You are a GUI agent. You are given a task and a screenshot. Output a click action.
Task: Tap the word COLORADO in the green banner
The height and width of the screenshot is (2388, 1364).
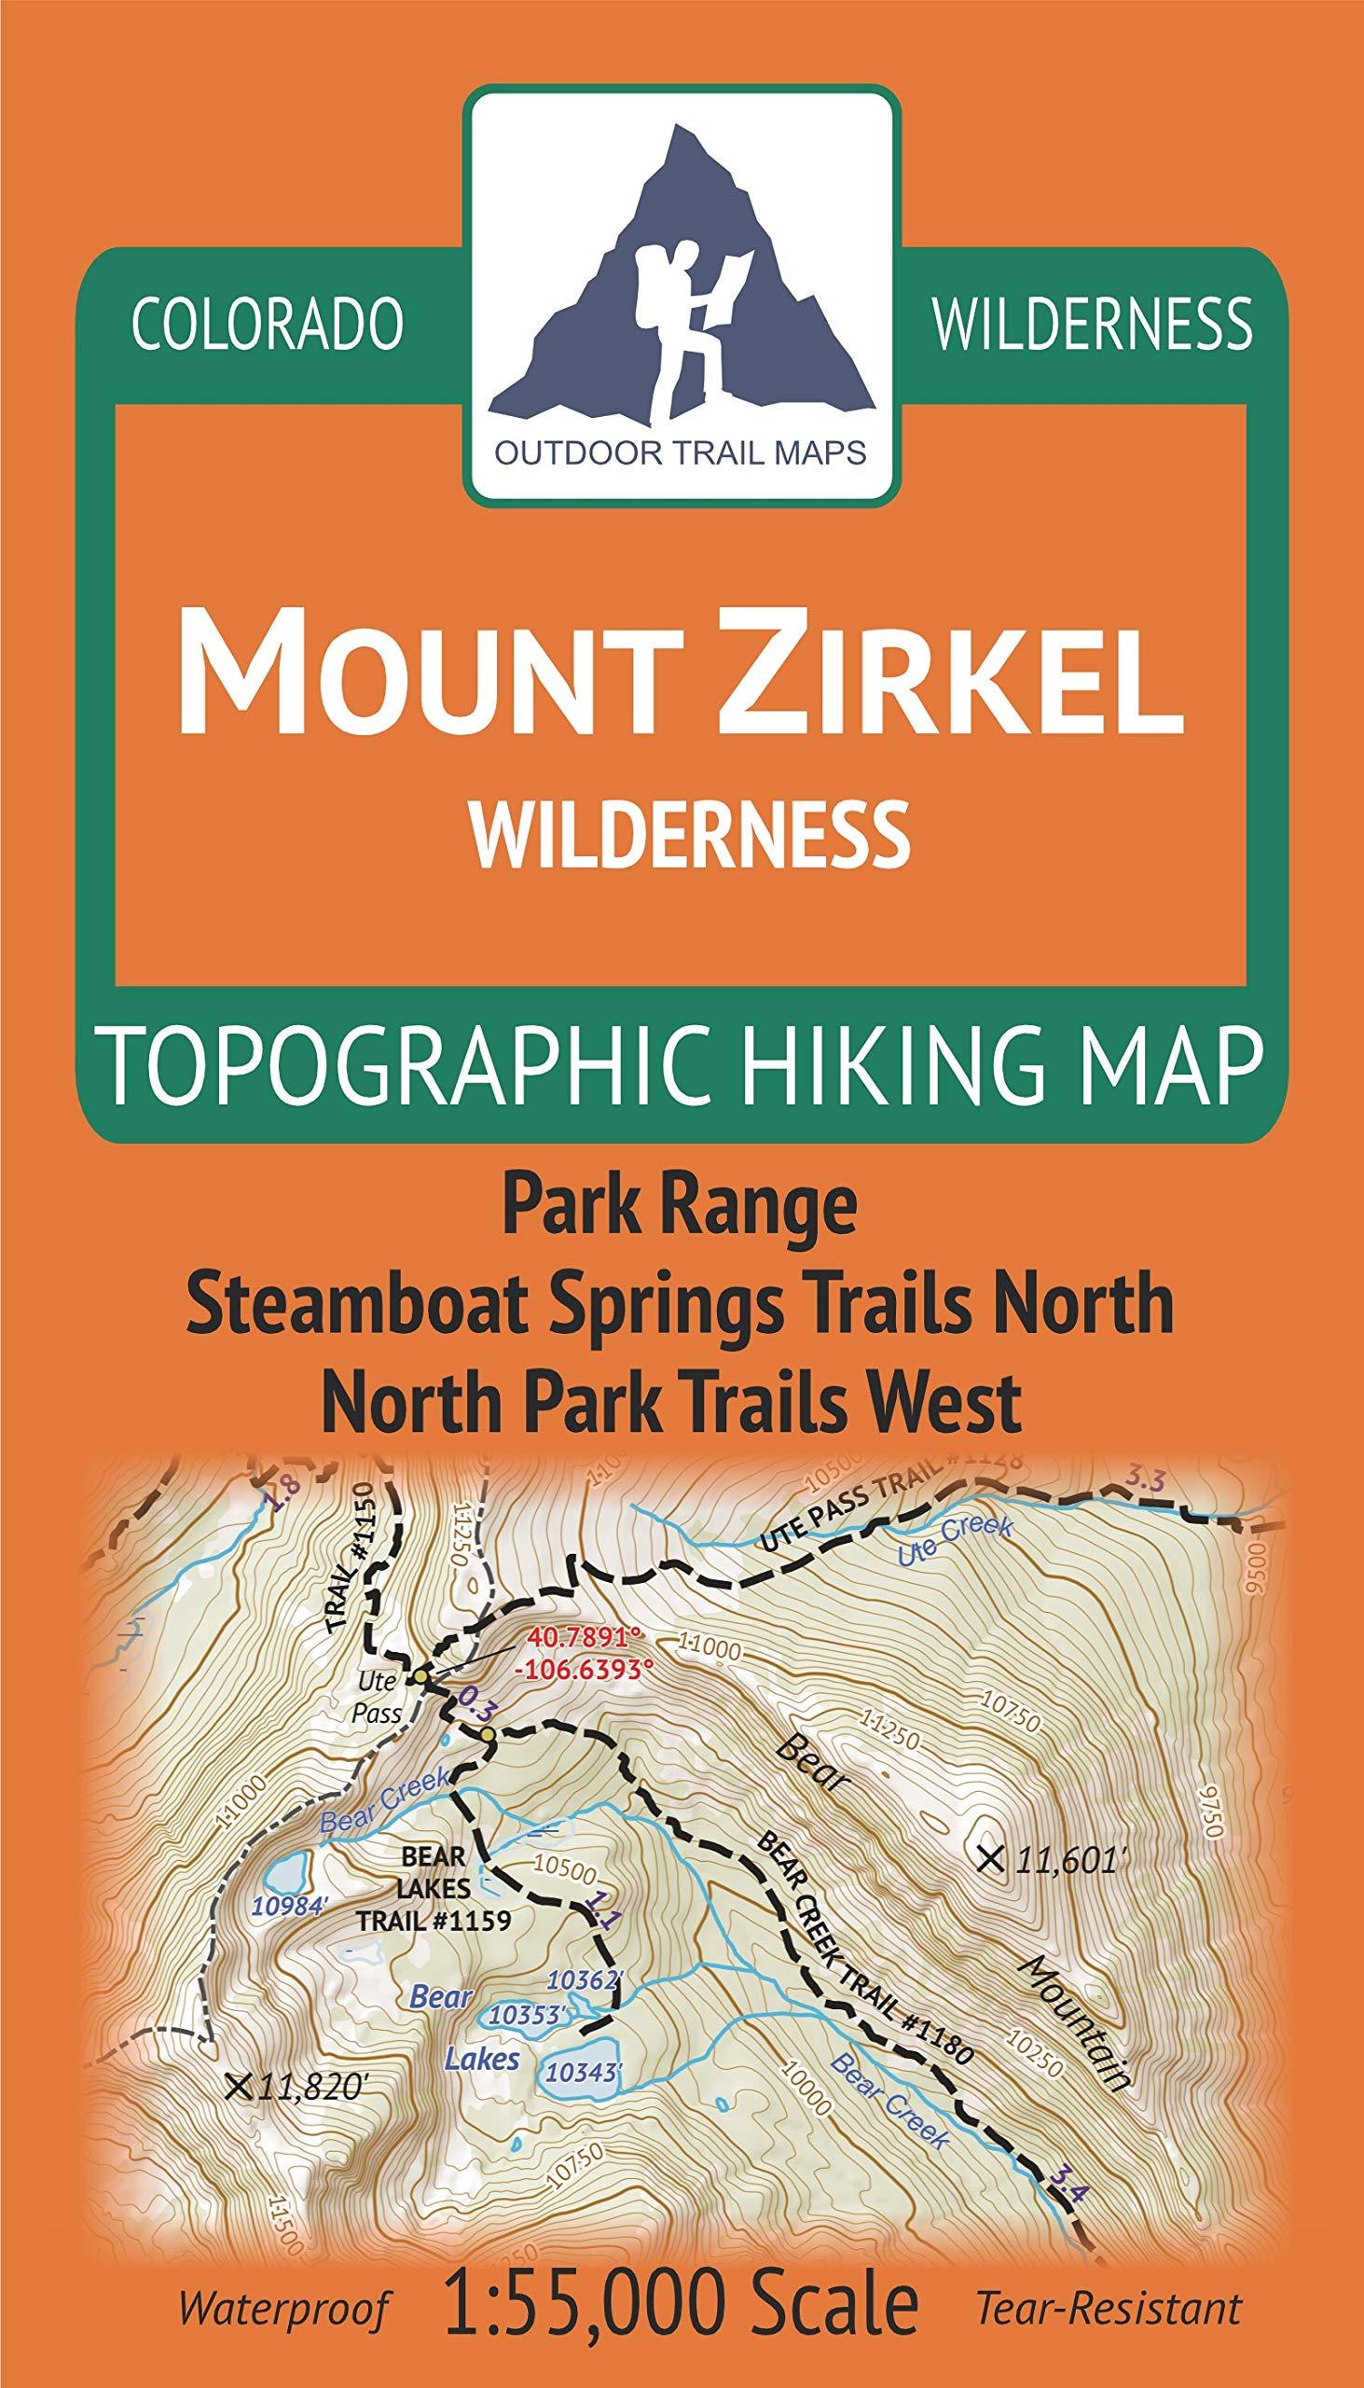click(267, 325)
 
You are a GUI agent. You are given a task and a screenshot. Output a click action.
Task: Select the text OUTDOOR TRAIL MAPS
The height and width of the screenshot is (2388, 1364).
click(682, 453)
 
